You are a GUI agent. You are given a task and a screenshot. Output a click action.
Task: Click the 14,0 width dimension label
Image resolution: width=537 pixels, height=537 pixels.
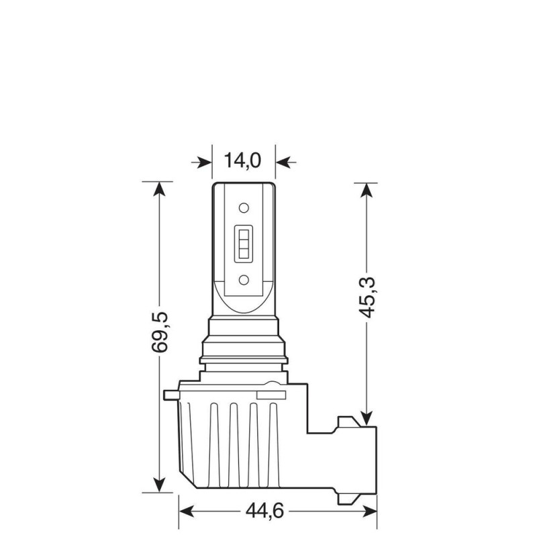[242, 161]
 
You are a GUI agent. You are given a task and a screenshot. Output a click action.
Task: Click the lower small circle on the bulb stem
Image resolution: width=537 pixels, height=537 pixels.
[244, 278]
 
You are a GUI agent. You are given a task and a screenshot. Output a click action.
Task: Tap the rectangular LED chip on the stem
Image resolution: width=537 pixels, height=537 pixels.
[243, 242]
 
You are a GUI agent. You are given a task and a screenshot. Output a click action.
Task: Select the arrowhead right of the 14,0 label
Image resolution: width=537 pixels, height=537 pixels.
[285, 162]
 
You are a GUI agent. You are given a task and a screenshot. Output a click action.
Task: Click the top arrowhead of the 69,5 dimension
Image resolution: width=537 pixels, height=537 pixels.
[159, 189]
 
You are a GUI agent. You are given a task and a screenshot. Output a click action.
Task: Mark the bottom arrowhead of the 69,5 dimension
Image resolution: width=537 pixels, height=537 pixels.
[159, 483]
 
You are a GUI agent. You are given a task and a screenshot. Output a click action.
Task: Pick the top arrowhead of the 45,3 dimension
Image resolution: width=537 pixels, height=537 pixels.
[366, 190]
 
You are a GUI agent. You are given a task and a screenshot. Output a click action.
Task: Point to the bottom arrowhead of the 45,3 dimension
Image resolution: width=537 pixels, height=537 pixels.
[366, 418]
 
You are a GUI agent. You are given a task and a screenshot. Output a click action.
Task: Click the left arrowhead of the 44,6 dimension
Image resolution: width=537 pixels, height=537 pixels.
[187, 511]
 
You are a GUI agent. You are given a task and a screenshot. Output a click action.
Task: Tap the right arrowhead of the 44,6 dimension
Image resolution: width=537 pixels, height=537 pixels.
[369, 511]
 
